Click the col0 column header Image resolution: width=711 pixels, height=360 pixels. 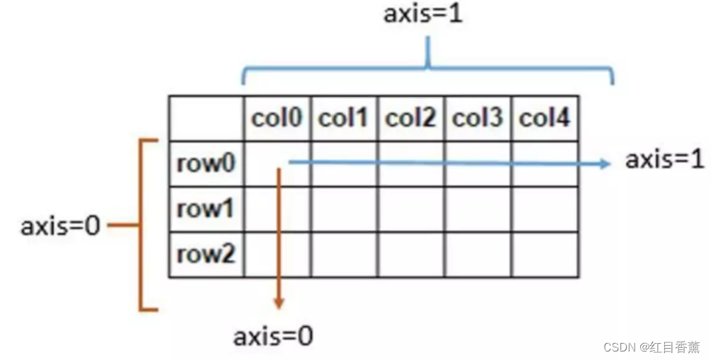click(x=277, y=118)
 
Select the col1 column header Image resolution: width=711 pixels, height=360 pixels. click(x=343, y=118)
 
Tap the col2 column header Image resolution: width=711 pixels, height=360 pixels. click(x=410, y=118)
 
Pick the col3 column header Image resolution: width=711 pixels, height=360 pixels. click(x=478, y=118)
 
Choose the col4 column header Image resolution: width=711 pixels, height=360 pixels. click(x=545, y=118)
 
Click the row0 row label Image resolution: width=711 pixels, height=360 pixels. click(x=206, y=163)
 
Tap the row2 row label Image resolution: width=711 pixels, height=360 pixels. click(x=206, y=254)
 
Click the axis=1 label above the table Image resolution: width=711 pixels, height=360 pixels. click(x=423, y=14)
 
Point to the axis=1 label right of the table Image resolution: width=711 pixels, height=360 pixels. click(x=664, y=160)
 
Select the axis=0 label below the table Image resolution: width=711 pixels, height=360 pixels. click(x=273, y=336)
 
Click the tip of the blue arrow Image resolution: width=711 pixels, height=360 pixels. click(x=608, y=164)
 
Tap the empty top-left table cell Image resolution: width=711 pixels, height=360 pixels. click(x=206, y=118)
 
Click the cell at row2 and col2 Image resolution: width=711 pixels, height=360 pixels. click(x=410, y=254)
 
